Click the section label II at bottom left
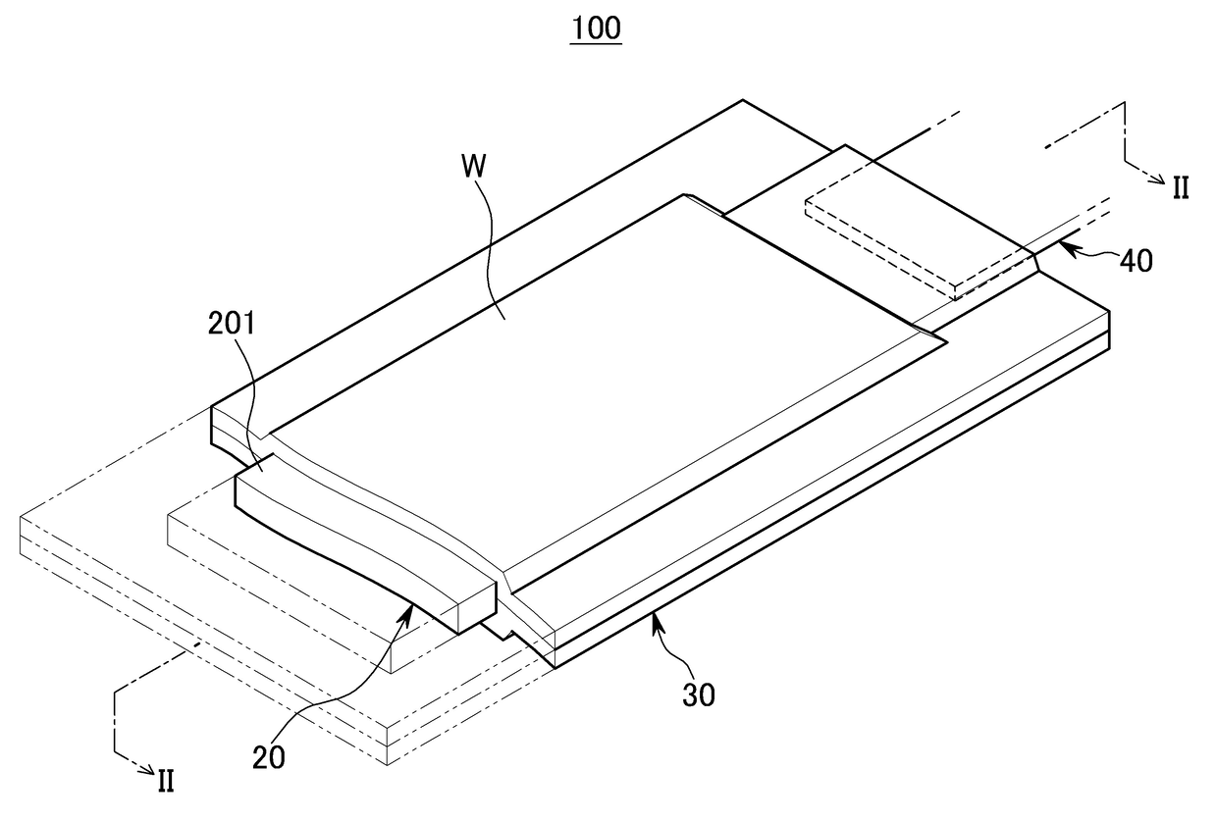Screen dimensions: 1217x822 166,781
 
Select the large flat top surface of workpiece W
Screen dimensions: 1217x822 628,373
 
